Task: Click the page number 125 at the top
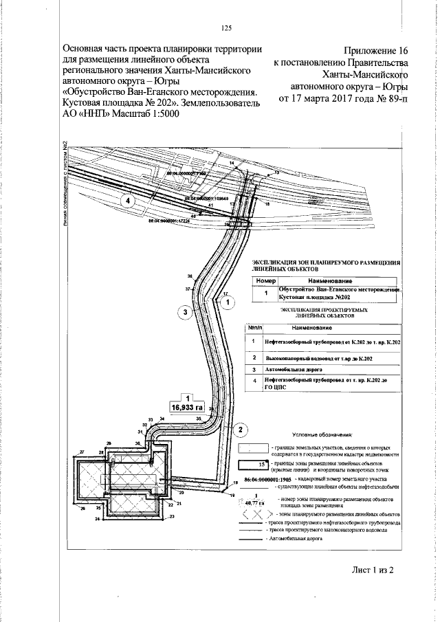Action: click(x=226, y=28)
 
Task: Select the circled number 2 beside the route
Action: click(x=239, y=431)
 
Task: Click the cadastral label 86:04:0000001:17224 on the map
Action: click(x=168, y=221)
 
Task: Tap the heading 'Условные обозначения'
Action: click(x=322, y=434)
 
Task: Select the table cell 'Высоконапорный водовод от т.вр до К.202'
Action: click(x=318, y=358)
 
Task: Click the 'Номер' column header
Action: click(x=265, y=281)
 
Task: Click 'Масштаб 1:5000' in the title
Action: click(x=141, y=114)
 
